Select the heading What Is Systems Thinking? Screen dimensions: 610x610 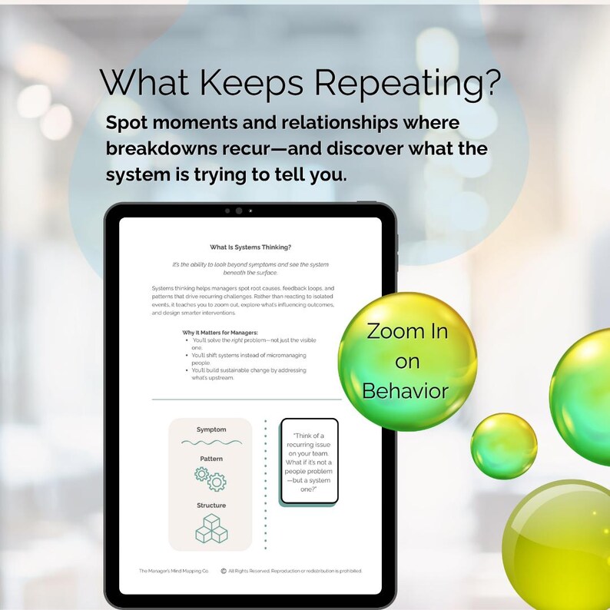[x=250, y=247]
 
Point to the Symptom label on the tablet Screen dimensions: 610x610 [x=211, y=429]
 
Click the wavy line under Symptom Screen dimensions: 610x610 [x=211, y=443]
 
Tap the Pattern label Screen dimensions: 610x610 [x=211, y=459]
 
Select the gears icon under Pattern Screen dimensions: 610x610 [x=211, y=479]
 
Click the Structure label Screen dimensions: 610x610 [x=211, y=506]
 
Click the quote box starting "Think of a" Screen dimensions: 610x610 [x=309, y=462]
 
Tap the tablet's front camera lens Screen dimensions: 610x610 [x=239, y=211]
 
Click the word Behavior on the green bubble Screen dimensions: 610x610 [x=405, y=391]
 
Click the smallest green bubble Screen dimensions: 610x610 [x=503, y=446]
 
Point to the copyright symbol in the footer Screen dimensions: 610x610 [x=223, y=571]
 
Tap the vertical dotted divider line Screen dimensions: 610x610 [x=266, y=484]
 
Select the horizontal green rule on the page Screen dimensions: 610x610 [x=247, y=399]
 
